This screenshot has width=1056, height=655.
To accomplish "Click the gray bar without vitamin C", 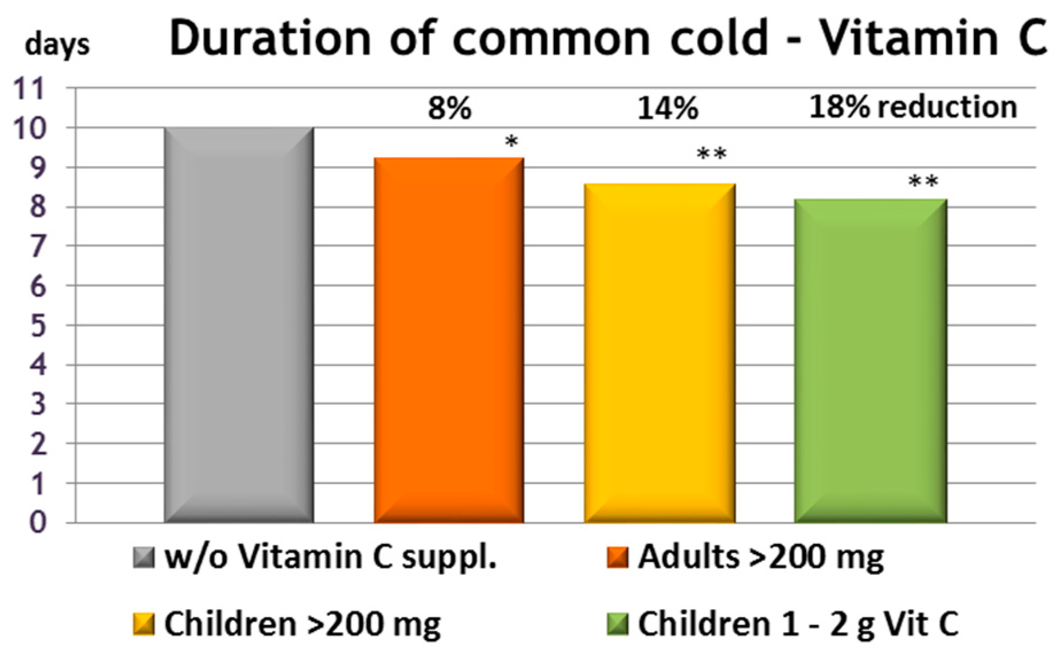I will [x=239, y=325].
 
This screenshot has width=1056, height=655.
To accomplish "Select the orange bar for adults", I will [x=449, y=340].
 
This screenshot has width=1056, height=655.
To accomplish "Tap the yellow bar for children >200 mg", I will [x=659, y=353].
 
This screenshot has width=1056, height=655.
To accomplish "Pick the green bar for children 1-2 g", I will [x=870, y=361].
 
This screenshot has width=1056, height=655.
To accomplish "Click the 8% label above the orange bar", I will [x=449, y=108].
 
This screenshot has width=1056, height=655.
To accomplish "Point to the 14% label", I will [x=667, y=108].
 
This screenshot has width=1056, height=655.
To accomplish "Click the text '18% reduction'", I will [x=913, y=107].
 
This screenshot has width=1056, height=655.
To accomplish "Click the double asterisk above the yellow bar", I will [x=712, y=154].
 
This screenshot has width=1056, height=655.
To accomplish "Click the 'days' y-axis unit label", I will [x=57, y=45].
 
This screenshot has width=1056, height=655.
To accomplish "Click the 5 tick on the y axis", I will [x=38, y=326].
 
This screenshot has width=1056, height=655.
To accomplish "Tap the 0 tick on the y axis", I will [x=38, y=523].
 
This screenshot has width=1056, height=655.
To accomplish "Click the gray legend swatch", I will [x=143, y=557].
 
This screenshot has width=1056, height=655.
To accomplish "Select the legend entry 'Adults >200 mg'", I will [x=760, y=557].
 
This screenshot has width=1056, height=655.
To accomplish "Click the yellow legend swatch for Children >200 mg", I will [x=143, y=624].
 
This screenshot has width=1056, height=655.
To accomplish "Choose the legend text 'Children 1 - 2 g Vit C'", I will [x=798, y=624].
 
